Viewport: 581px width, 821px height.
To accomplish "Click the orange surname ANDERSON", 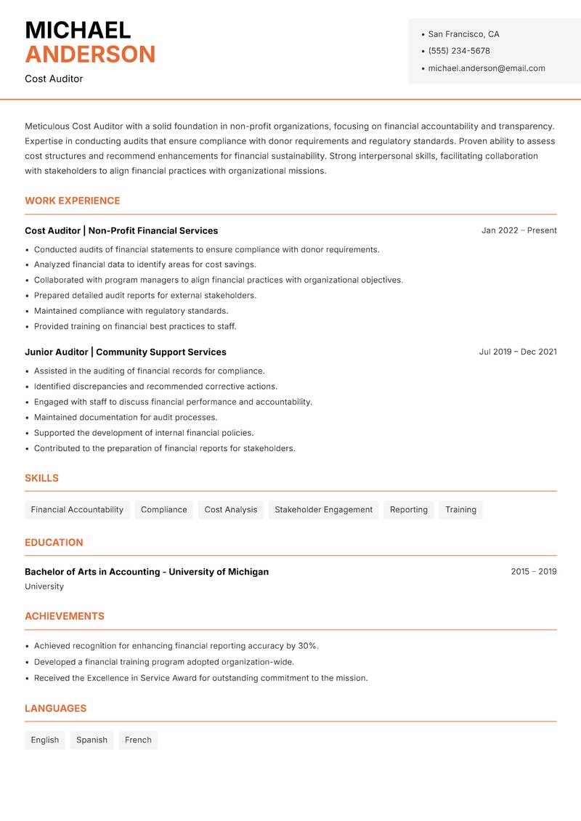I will click(90, 54).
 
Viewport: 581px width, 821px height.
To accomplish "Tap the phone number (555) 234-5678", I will click(459, 51).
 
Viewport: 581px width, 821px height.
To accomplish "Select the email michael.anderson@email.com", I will click(487, 68).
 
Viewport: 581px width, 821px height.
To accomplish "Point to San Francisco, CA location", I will click(463, 34).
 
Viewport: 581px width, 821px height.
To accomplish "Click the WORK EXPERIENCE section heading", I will click(73, 201).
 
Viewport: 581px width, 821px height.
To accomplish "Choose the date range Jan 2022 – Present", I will click(519, 230).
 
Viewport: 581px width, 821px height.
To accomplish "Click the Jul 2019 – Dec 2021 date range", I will click(518, 352).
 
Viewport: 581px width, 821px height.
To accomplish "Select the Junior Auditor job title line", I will click(126, 352).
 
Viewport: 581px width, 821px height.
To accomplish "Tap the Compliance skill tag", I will click(164, 510).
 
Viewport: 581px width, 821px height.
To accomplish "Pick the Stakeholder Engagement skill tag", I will click(323, 510).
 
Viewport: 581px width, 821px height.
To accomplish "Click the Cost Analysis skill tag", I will click(231, 510).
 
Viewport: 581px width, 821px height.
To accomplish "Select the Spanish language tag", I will click(92, 740).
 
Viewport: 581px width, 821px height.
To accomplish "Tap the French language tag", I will click(138, 740).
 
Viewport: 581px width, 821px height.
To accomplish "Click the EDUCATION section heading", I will click(54, 543).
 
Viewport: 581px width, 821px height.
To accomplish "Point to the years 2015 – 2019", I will click(533, 572).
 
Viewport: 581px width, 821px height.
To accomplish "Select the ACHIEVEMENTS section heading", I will click(65, 616).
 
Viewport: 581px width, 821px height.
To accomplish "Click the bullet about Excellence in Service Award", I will click(201, 678).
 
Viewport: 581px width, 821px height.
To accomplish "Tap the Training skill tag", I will click(460, 510).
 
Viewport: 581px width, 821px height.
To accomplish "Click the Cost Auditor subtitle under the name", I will click(54, 78).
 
